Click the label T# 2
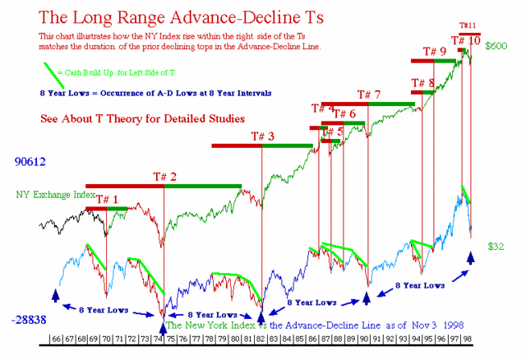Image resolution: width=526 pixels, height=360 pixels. (x=164, y=176)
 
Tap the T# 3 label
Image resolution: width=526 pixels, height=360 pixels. (x=261, y=136)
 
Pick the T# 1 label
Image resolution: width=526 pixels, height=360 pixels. (x=107, y=199)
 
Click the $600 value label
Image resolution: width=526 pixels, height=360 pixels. (x=496, y=47)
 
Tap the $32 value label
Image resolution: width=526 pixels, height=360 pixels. (x=495, y=246)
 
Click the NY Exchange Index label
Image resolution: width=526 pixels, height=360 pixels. (x=54, y=196)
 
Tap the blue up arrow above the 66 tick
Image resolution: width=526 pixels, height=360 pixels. (x=56, y=295)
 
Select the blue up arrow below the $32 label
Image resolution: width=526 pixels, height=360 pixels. (x=471, y=258)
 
